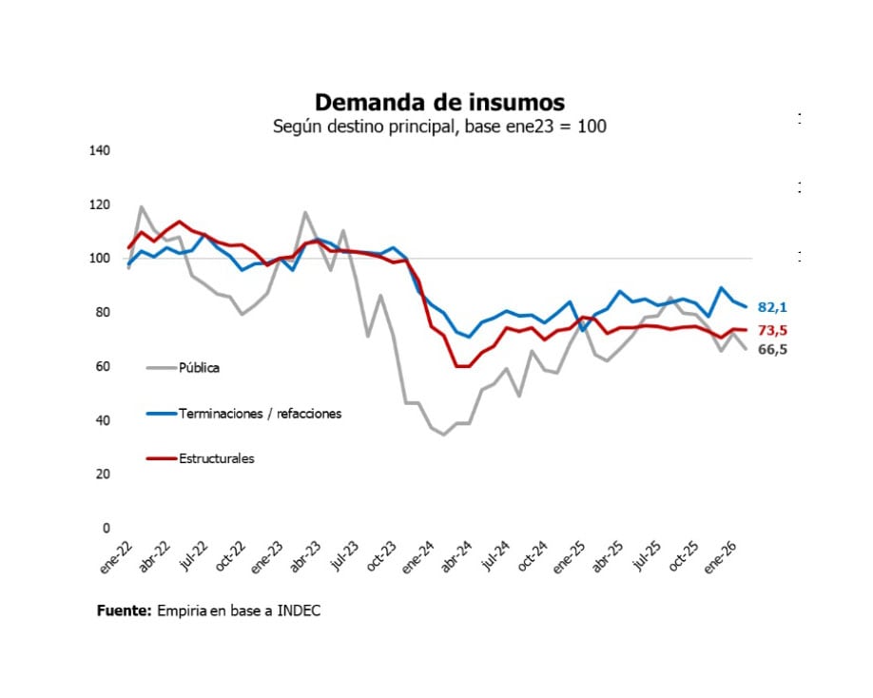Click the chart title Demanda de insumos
[439, 102]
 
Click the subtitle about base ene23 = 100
[439, 126]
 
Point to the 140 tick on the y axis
[100, 150]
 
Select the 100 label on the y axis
[100, 259]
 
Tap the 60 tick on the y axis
[103, 367]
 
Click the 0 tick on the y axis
[106, 529]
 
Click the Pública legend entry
[199, 367]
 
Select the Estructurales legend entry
[216, 459]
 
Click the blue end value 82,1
[772, 307]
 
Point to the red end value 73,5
[772, 330]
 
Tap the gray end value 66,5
[772, 350]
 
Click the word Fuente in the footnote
[124, 611]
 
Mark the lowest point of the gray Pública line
[443, 435]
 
